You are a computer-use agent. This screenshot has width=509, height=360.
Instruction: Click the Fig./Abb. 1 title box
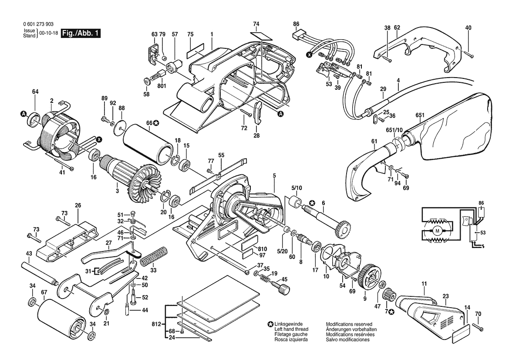coord(81,34)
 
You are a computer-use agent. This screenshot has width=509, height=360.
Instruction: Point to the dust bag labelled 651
coord(448,126)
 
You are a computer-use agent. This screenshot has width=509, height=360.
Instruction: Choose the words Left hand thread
coord(291,329)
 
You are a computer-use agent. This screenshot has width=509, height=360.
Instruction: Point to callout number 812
coord(157,324)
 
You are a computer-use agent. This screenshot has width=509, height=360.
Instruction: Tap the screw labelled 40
coord(469,54)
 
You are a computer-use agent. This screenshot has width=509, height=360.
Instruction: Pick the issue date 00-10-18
coord(47,33)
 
